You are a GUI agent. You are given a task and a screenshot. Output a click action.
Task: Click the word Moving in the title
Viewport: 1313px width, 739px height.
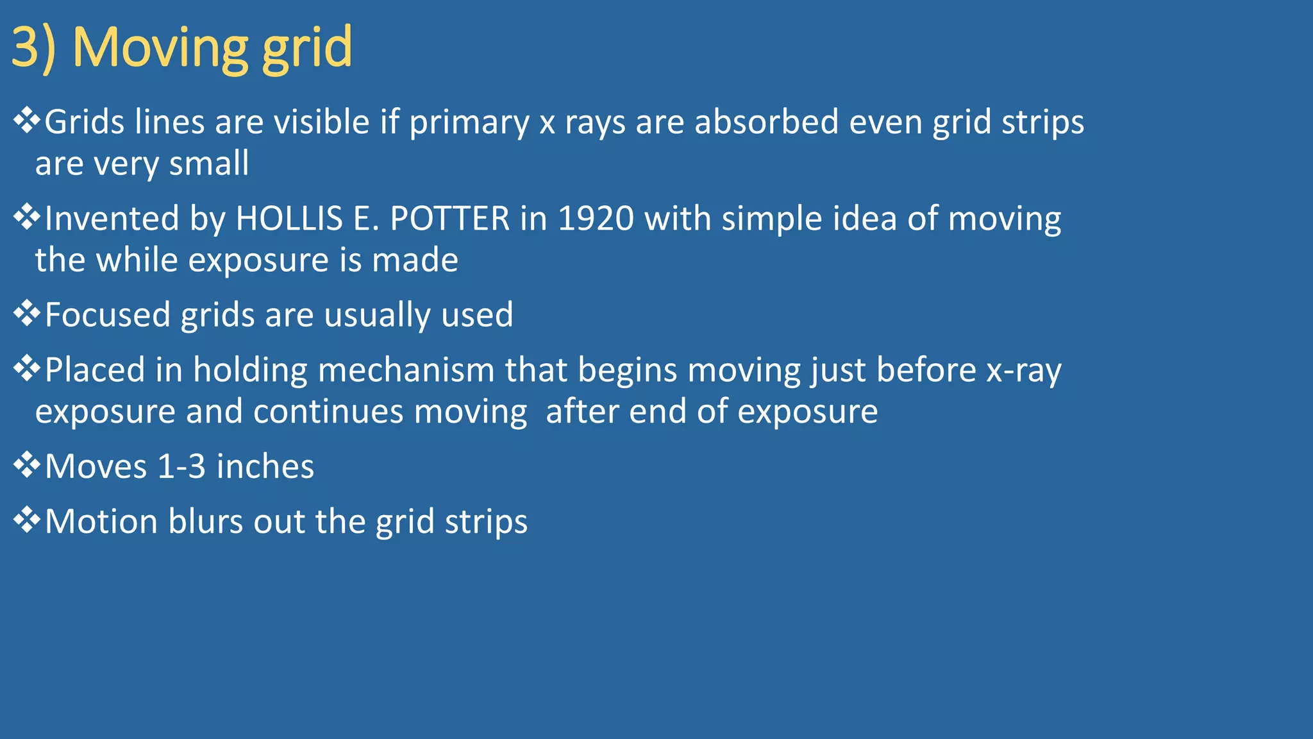tap(160, 47)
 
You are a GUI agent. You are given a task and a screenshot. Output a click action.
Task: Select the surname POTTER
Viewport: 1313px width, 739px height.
tap(449, 219)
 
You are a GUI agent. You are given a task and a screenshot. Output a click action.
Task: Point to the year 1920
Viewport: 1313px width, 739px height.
tap(596, 219)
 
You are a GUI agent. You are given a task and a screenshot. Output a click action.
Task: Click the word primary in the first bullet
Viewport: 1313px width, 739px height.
tap(469, 123)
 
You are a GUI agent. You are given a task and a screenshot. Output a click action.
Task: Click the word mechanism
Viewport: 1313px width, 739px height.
tap(406, 371)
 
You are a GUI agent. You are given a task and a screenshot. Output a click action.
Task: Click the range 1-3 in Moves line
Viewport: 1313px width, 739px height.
tap(181, 466)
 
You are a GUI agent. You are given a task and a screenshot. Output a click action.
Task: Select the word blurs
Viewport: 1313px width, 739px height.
tap(205, 522)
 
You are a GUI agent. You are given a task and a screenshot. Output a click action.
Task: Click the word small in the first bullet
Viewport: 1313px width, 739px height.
tap(209, 164)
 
